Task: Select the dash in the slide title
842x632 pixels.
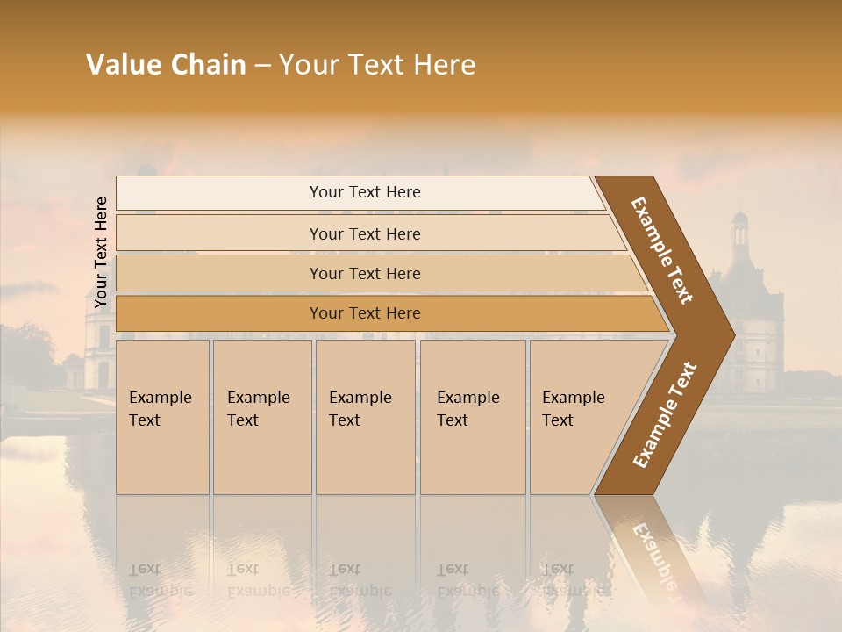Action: pos(262,66)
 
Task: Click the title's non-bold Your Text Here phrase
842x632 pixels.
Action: pos(377,65)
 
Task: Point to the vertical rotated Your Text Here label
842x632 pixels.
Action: pos(101,252)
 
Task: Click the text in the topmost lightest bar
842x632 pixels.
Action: pos(365,192)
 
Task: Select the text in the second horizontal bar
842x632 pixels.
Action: pos(365,233)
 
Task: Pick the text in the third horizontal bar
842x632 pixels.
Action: pos(365,273)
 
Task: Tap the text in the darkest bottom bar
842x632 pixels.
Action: pos(365,312)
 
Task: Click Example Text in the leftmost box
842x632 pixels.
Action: pos(160,409)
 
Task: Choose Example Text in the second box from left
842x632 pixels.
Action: pos(258,409)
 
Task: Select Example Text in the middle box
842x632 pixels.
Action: pos(360,409)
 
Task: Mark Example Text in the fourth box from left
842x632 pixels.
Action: pos(467,409)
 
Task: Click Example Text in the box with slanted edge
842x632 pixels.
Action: pos(573,409)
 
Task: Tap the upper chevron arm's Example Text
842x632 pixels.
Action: pos(662,250)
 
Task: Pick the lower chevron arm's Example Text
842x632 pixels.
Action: pos(664,415)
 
